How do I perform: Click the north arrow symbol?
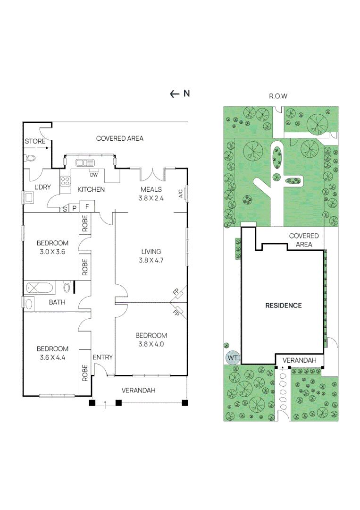click(175, 93)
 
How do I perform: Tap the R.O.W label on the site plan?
click(278, 96)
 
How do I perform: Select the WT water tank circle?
click(232, 358)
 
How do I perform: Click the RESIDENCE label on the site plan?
click(283, 305)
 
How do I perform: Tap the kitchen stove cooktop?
click(65, 181)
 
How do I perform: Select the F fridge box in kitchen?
click(87, 206)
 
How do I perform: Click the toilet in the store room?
click(30, 158)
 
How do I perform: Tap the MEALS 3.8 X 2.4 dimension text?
click(151, 198)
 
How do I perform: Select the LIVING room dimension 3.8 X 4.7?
click(151, 260)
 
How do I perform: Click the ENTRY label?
click(102, 357)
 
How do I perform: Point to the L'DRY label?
click(42, 187)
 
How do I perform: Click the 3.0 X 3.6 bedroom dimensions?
click(53, 252)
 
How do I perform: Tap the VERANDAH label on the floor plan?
click(138, 390)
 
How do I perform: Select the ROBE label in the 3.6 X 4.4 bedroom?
click(85, 373)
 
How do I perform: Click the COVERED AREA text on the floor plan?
click(119, 138)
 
